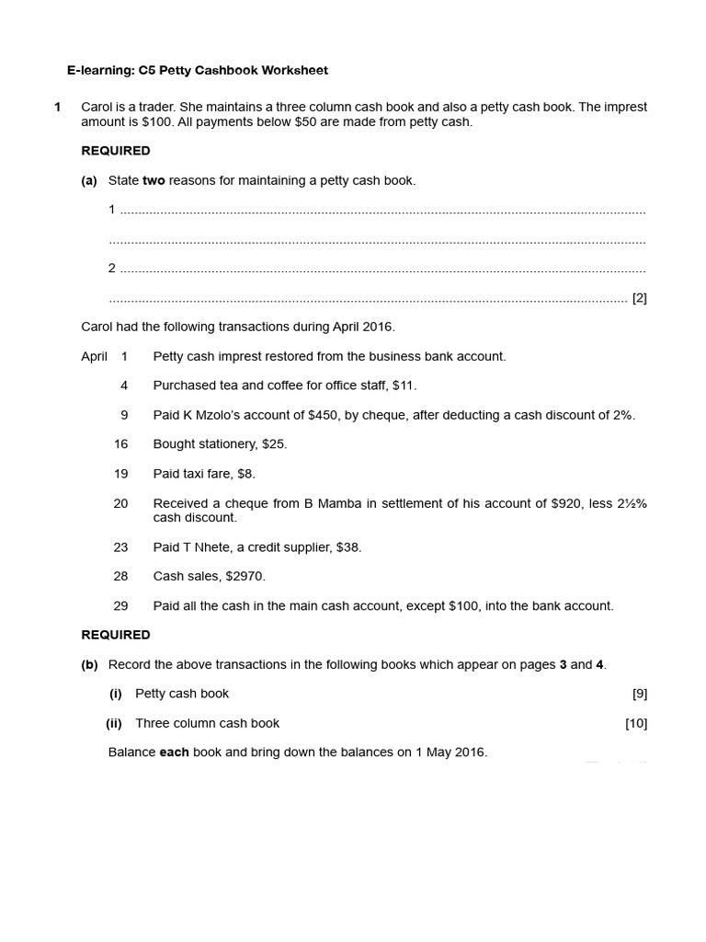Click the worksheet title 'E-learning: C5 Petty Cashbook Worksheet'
point(198,70)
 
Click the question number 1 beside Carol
point(58,107)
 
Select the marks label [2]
point(640,298)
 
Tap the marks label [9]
point(640,694)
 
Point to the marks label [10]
point(636,723)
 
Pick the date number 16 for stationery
point(120,444)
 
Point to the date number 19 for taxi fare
point(120,474)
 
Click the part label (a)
point(89,180)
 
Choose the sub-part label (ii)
point(114,723)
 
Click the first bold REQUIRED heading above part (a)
point(116,151)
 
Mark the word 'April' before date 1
point(95,356)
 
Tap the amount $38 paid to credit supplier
point(348,547)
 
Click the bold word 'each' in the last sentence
point(175,752)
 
